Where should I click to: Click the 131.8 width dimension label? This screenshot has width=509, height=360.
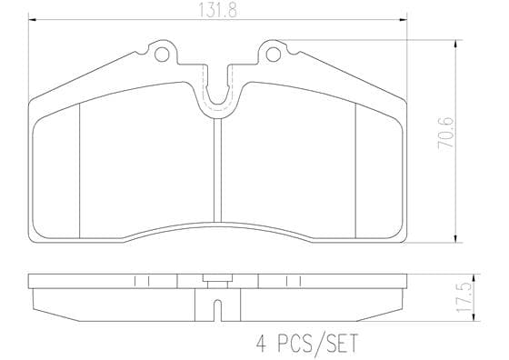click(217, 10)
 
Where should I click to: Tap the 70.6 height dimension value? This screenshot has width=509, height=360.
click(445, 133)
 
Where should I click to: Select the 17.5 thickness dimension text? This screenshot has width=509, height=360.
click(464, 297)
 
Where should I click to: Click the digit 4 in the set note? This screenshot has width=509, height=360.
click(261, 344)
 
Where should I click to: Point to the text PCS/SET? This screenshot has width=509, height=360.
click(317, 343)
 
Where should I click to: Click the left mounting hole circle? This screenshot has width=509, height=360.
click(162, 55)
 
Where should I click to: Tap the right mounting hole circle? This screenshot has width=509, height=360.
click(274, 55)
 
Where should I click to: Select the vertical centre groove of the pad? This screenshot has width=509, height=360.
click(217, 170)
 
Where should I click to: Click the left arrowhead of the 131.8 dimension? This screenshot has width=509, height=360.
click(33, 20)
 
